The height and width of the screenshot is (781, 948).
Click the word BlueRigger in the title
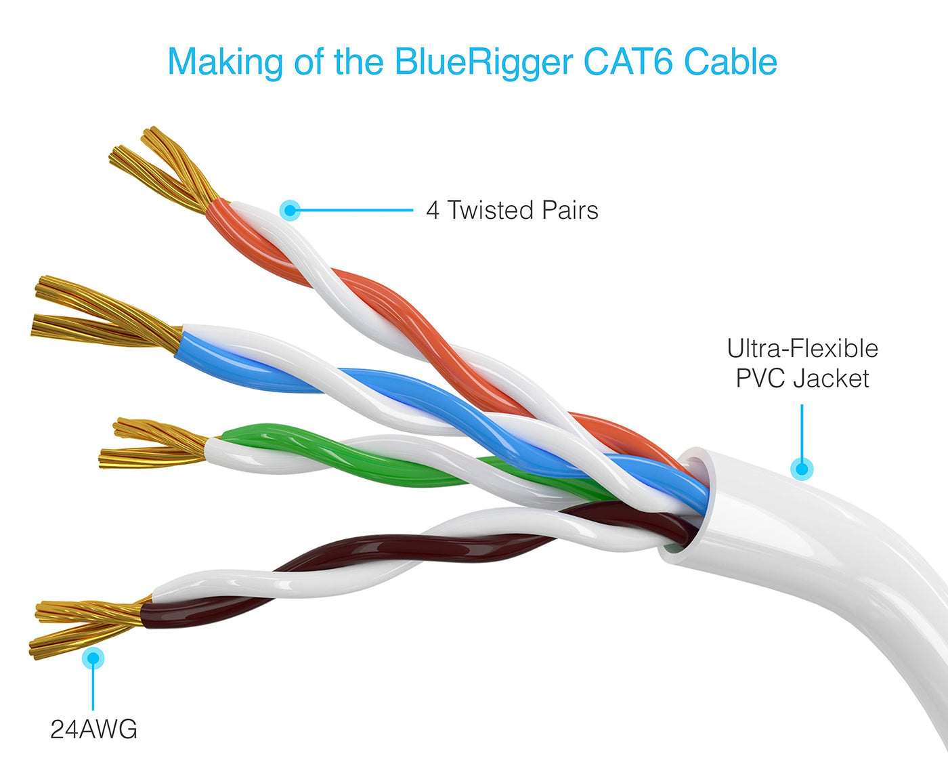(483, 62)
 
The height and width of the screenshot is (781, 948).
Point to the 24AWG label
(93, 730)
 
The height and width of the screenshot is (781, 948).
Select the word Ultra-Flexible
(802, 349)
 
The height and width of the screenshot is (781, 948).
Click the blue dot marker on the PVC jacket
(802, 468)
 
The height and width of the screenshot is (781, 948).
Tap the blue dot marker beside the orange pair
(290, 210)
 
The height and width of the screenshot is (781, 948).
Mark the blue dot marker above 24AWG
(93, 658)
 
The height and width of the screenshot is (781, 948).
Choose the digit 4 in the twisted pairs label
(433, 211)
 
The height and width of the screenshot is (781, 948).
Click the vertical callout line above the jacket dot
(802, 430)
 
